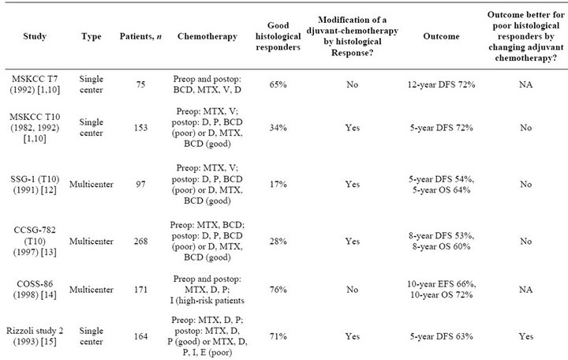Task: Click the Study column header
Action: (35, 36)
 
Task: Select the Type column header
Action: (92, 36)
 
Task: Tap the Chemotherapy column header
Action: (207, 36)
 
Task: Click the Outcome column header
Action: (441, 36)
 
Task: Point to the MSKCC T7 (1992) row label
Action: (35, 84)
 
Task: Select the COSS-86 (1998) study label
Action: (35, 289)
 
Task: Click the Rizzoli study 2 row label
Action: (35, 336)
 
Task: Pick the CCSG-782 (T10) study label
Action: (35, 241)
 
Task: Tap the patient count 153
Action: (140, 128)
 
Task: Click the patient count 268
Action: (140, 241)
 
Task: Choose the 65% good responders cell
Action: (278, 84)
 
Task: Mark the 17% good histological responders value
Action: (278, 184)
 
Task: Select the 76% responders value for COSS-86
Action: (278, 289)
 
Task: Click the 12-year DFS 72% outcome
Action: (441, 84)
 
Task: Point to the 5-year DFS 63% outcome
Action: (441, 336)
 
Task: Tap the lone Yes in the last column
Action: (525, 336)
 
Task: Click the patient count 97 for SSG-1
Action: (140, 184)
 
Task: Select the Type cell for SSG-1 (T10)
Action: (92, 184)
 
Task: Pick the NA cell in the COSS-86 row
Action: (525, 289)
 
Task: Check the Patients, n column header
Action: (140, 36)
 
